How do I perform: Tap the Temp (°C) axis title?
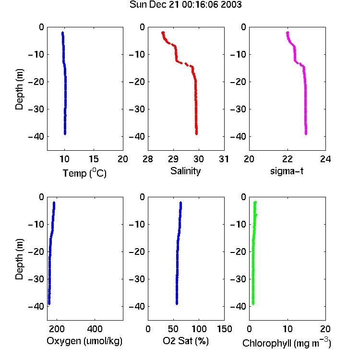click(x=84, y=173)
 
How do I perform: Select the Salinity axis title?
click(x=185, y=171)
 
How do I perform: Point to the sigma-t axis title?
click(x=287, y=171)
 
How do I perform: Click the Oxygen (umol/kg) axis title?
click(x=84, y=341)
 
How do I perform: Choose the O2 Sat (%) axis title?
click(x=186, y=341)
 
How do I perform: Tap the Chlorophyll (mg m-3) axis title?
click(x=287, y=343)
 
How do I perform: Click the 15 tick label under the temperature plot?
click(x=94, y=159)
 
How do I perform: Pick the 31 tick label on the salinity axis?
click(x=224, y=159)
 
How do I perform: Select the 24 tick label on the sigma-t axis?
click(x=325, y=159)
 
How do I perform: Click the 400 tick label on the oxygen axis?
click(x=95, y=329)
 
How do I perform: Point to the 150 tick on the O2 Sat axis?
click(x=225, y=329)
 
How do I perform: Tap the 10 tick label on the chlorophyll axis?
click(x=288, y=329)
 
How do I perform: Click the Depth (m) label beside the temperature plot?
click(x=19, y=89)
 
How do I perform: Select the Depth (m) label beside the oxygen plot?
click(x=19, y=259)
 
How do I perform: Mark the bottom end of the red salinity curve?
click(x=196, y=134)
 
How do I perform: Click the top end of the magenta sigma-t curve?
click(x=288, y=33)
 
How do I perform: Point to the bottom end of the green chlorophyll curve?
click(x=253, y=304)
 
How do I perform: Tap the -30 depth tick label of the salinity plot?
click(x=138, y=109)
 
